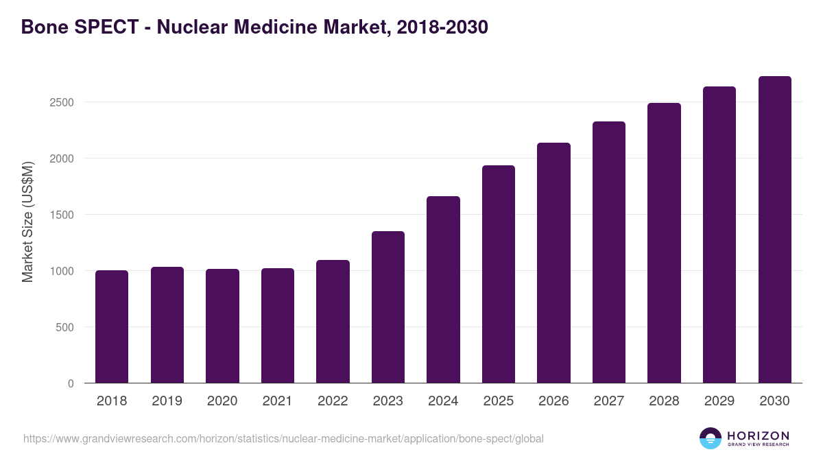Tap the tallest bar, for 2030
click(x=774, y=230)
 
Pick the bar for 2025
click(x=499, y=274)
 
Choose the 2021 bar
click(x=278, y=326)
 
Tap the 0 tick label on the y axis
click(x=71, y=383)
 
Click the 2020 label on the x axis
click(x=222, y=401)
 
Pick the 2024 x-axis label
click(x=443, y=401)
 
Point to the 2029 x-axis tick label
click(x=719, y=401)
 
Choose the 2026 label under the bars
click(x=553, y=401)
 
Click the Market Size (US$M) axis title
click(x=28, y=222)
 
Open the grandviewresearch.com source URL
click(x=283, y=439)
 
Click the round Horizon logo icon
click(x=711, y=438)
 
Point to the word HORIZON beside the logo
click(x=759, y=435)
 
